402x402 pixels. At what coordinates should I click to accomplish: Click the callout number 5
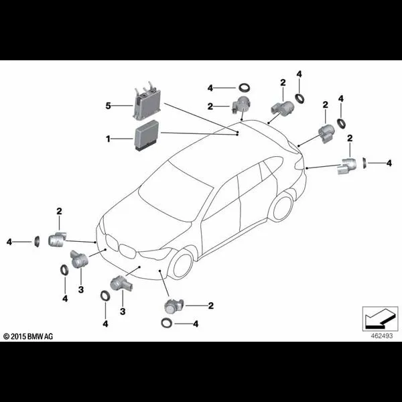(107, 105)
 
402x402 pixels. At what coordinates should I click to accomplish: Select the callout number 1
(107, 139)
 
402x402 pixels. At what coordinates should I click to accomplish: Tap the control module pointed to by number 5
(147, 101)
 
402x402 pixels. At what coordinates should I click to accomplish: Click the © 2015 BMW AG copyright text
(28, 335)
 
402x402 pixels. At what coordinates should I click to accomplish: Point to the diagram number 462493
(379, 335)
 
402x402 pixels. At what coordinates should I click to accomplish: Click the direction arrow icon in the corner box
(379, 316)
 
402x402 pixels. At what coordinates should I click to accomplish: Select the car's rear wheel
(281, 207)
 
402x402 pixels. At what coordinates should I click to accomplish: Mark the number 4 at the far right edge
(389, 162)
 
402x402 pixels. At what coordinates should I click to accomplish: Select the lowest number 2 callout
(210, 306)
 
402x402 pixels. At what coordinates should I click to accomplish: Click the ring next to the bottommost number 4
(166, 324)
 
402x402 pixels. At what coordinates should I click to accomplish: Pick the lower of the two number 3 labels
(123, 311)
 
